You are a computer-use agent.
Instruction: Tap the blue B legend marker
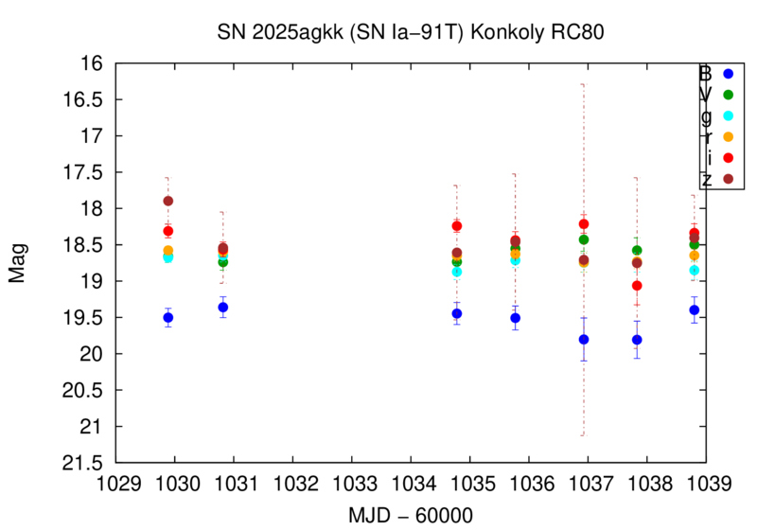[728, 73]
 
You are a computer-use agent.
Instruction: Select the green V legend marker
[728, 95]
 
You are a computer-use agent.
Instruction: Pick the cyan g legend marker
[728, 115]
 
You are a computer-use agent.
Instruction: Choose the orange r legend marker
[728, 137]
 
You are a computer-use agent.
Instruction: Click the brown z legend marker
[728, 179]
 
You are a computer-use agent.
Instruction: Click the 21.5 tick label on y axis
[83, 463]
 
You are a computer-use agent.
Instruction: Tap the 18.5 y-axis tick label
[83, 245]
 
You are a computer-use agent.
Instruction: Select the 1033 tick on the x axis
[352, 484]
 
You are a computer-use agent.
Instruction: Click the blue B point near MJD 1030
[168, 318]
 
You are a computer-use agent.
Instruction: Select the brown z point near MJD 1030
[168, 201]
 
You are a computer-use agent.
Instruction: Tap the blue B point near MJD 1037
[584, 340]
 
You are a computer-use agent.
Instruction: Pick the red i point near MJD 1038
[637, 286]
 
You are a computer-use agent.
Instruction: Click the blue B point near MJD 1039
[695, 309]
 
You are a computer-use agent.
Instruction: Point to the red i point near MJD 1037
[584, 224]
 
